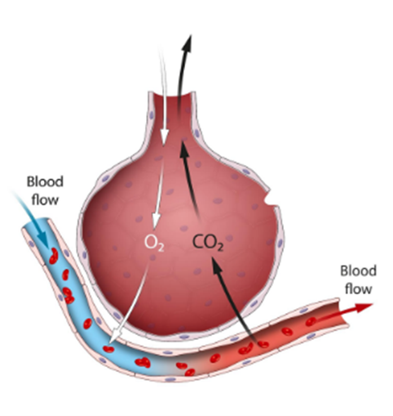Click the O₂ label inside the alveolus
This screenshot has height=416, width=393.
154,243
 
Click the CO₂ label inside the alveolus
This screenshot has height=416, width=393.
208,243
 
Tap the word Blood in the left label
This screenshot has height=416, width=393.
45,181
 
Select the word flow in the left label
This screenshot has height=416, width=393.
45,199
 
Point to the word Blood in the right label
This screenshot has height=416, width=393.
358,271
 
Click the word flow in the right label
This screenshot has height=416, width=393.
358,289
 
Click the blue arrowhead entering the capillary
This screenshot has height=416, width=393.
42,239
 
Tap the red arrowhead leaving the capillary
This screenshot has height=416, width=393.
364,307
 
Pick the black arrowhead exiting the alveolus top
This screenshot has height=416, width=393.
187,43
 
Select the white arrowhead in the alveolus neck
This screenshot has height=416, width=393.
164,137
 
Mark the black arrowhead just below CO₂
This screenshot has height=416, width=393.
216,266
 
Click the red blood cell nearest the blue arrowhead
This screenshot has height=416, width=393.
54,256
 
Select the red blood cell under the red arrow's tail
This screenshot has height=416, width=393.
311,321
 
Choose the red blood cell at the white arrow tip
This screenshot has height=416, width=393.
108,349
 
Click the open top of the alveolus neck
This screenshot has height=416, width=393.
172,95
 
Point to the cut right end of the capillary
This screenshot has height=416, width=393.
343,313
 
